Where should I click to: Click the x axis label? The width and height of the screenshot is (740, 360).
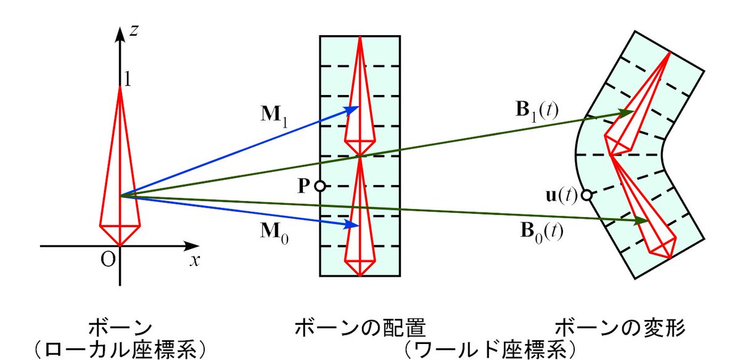(x=195, y=260)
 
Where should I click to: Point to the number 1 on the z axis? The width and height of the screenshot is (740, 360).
(x=128, y=80)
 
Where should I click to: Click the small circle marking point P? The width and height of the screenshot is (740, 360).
(x=319, y=186)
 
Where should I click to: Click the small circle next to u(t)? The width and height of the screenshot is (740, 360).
(x=586, y=195)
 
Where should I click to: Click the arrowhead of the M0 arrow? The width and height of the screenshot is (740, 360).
(x=353, y=225)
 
